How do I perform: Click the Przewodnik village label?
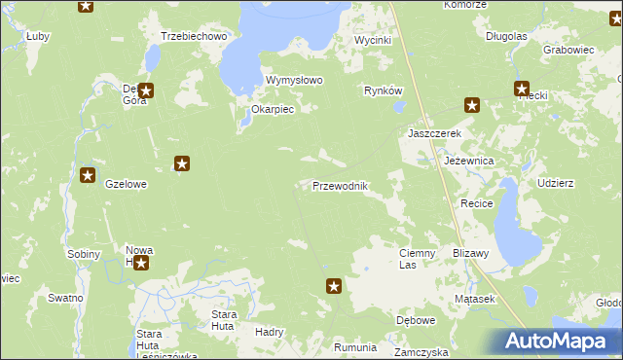click(339, 186)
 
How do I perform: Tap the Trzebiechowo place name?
click(194, 36)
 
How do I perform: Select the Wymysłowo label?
click(294, 80)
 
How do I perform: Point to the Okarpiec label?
click(273, 110)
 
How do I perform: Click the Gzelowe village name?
click(126, 184)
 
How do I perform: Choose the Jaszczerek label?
click(433, 132)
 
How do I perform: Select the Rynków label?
click(383, 90)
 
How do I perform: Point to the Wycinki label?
click(372, 40)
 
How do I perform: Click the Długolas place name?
click(506, 36)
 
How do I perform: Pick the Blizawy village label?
click(470, 252)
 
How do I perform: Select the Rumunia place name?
click(354, 347)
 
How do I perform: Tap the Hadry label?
click(268, 331)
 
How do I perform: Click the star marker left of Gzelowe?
click(88, 176)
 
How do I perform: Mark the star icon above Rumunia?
click(334, 286)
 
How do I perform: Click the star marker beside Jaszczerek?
click(472, 106)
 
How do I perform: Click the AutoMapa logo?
click(558, 341)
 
